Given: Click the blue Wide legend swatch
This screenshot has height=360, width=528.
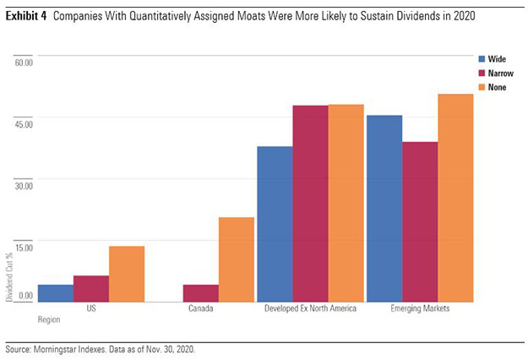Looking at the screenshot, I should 481,60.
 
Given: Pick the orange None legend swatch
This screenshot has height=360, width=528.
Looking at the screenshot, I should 481,87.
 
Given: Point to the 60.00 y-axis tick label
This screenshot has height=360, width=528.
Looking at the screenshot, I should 23,62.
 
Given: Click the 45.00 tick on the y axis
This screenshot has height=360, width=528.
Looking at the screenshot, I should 23,124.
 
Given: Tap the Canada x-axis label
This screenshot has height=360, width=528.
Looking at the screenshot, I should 201,309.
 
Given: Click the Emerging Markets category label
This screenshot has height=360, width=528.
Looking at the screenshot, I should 420,309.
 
